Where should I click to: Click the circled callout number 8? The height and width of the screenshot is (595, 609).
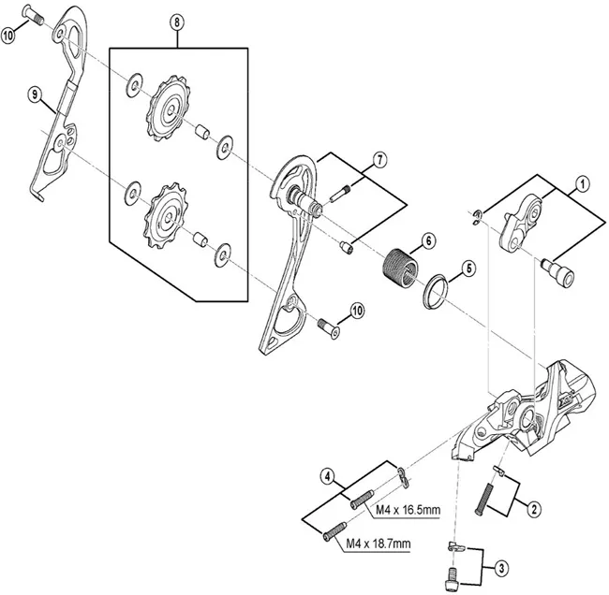178,22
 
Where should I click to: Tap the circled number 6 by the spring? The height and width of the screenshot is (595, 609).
426,240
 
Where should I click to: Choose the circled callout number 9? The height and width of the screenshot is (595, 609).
35,94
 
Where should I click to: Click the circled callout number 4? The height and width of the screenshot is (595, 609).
326,475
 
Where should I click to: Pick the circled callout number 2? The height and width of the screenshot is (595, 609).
533,510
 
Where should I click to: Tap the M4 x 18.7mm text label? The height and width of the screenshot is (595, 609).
378,544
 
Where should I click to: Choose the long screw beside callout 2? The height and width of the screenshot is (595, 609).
489,492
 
